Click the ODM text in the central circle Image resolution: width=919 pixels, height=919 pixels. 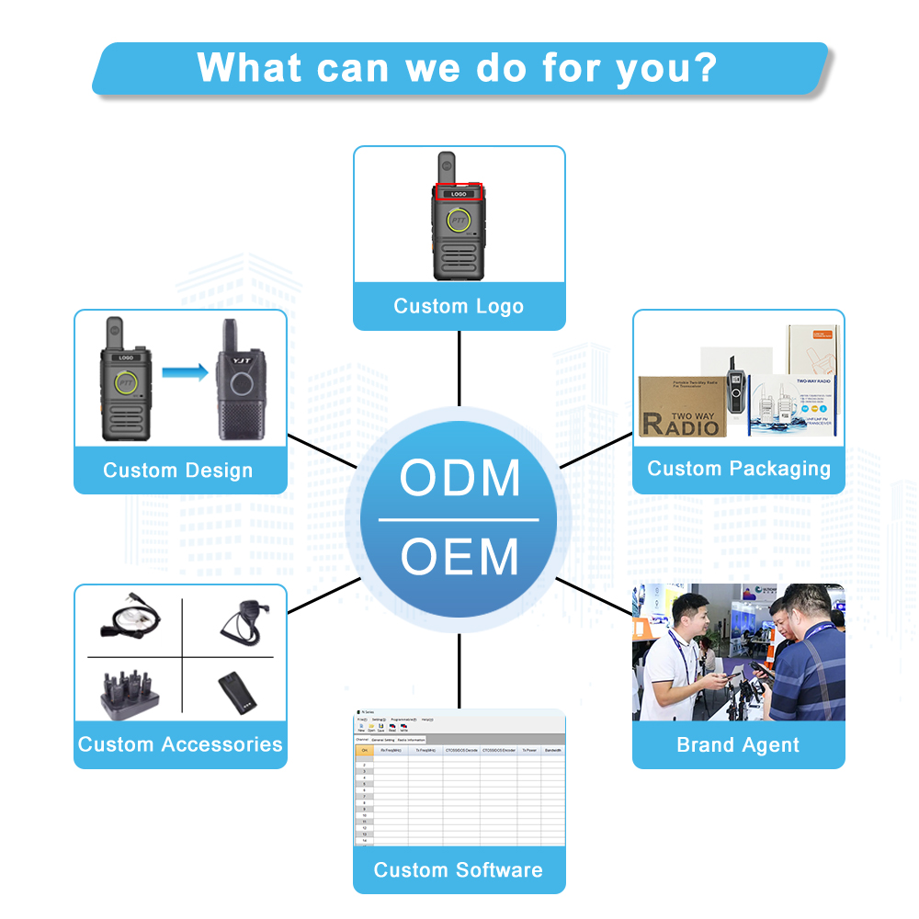click(x=459, y=478)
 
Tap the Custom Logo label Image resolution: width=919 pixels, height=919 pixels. click(x=459, y=306)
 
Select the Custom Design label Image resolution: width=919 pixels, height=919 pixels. click(x=177, y=471)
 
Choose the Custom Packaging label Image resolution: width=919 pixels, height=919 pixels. click(x=738, y=469)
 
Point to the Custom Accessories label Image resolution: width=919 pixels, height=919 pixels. click(x=180, y=744)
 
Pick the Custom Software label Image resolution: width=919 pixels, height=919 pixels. click(x=459, y=869)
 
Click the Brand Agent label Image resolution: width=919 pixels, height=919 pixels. click(x=738, y=745)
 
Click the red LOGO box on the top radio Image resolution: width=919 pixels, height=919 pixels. click(x=459, y=194)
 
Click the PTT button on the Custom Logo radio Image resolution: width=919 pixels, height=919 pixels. click(x=459, y=221)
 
